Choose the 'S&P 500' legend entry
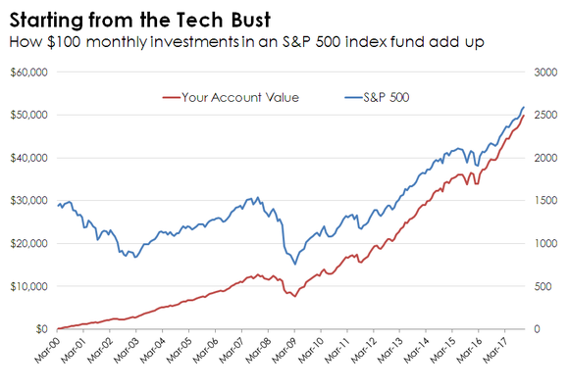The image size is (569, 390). click(386, 97)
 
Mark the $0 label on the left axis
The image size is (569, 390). click(42, 328)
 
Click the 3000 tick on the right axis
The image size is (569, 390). click(545, 73)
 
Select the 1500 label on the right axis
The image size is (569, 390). click(545, 200)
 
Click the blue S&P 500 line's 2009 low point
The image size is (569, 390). click(295, 264)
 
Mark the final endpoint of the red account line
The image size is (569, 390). click(524, 116)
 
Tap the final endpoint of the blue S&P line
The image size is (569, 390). click(524, 107)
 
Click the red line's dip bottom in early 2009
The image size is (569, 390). click(295, 296)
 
